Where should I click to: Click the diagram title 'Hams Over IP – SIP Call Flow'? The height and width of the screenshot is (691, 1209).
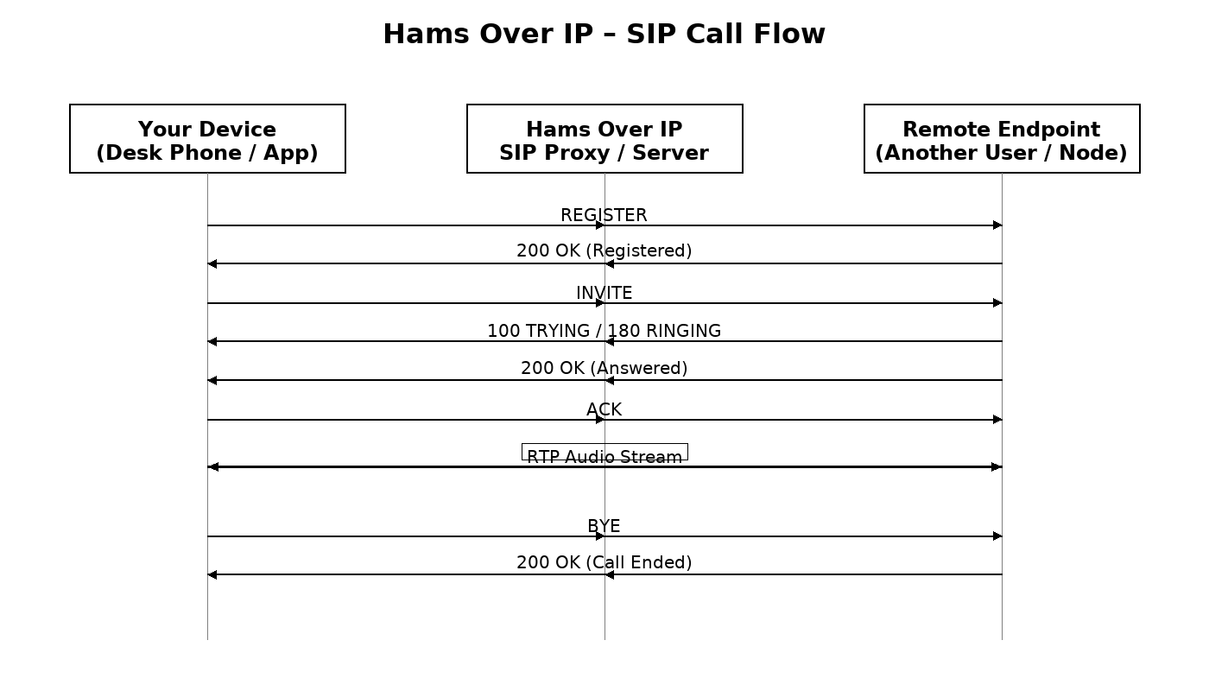point(604,34)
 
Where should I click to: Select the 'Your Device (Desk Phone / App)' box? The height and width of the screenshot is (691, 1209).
point(207,139)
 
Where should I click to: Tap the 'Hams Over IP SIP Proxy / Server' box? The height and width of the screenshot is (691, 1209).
point(604,139)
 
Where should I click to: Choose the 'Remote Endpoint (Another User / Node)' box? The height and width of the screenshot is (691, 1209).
point(1002,139)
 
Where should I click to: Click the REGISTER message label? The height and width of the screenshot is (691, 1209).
point(604,215)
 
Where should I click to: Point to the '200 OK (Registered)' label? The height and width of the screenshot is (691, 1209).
point(604,250)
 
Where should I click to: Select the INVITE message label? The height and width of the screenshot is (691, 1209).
point(604,293)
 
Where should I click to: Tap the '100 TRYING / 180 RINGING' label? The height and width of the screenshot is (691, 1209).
point(604,331)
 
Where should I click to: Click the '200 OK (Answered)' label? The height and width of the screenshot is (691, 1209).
point(604,368)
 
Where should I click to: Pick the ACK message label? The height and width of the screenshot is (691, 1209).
point(604,409)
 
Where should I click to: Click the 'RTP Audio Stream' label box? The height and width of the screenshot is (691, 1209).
point(604,453)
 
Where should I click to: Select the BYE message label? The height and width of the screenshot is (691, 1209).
point(604,526)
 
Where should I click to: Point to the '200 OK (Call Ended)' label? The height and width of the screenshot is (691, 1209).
point(604,562)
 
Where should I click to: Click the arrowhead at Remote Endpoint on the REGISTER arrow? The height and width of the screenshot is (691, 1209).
point(997,225)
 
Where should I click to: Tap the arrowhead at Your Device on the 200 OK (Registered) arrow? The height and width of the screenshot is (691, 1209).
point(212,263)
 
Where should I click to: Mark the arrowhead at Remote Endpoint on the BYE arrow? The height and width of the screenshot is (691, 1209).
point(997,536)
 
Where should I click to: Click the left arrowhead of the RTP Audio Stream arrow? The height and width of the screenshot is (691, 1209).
point(213,466)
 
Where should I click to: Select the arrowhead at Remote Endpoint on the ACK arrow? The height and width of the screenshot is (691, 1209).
point(997,420)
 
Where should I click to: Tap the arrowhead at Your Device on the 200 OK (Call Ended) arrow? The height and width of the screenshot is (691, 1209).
point(212,574)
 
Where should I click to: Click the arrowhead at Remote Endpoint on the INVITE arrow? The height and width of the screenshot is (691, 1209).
point(997,303)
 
